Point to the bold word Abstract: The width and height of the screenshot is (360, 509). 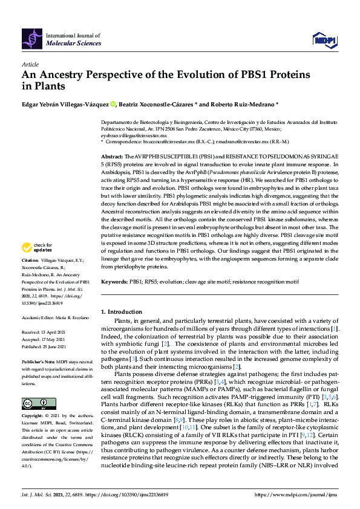[111, 155]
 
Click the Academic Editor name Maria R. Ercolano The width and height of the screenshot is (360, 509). [71, 317]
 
